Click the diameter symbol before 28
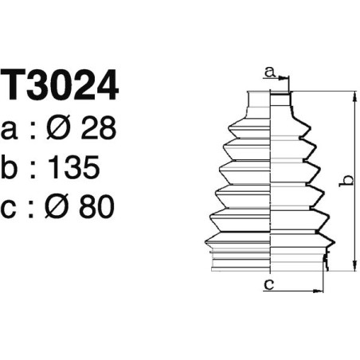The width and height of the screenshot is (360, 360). coord(61,128)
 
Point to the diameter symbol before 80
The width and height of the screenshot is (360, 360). coord(61,208)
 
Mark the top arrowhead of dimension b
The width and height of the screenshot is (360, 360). coord(352,96)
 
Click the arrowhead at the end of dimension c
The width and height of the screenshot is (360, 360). coord(323,289)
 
